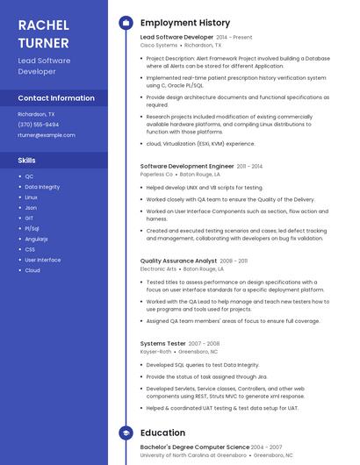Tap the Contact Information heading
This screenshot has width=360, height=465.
[56, 98]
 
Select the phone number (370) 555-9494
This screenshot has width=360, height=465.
[39, 125]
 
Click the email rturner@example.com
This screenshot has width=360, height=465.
[47, 135]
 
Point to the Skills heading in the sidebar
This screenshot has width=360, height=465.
[26, 161]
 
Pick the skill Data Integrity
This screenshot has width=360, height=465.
[42, 187]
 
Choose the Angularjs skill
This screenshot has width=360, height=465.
[36, 239]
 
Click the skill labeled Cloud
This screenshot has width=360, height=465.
[32, 270]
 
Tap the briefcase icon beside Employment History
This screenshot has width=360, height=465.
[126, 23]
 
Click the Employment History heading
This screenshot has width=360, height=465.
[185, 23]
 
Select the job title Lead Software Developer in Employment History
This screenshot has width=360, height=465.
[176, 38]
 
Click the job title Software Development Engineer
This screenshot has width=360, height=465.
[187, 166]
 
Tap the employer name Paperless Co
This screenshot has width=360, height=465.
[157, 174]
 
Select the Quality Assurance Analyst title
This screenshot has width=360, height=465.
[178, 261]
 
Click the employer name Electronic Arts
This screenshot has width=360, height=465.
[159, 268]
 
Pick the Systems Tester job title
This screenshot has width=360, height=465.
[163, 343]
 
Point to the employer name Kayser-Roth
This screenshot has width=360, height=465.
[155, 351]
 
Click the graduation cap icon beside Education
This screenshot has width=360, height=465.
[126, 433]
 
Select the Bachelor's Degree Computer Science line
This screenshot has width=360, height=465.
[194, 447]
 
